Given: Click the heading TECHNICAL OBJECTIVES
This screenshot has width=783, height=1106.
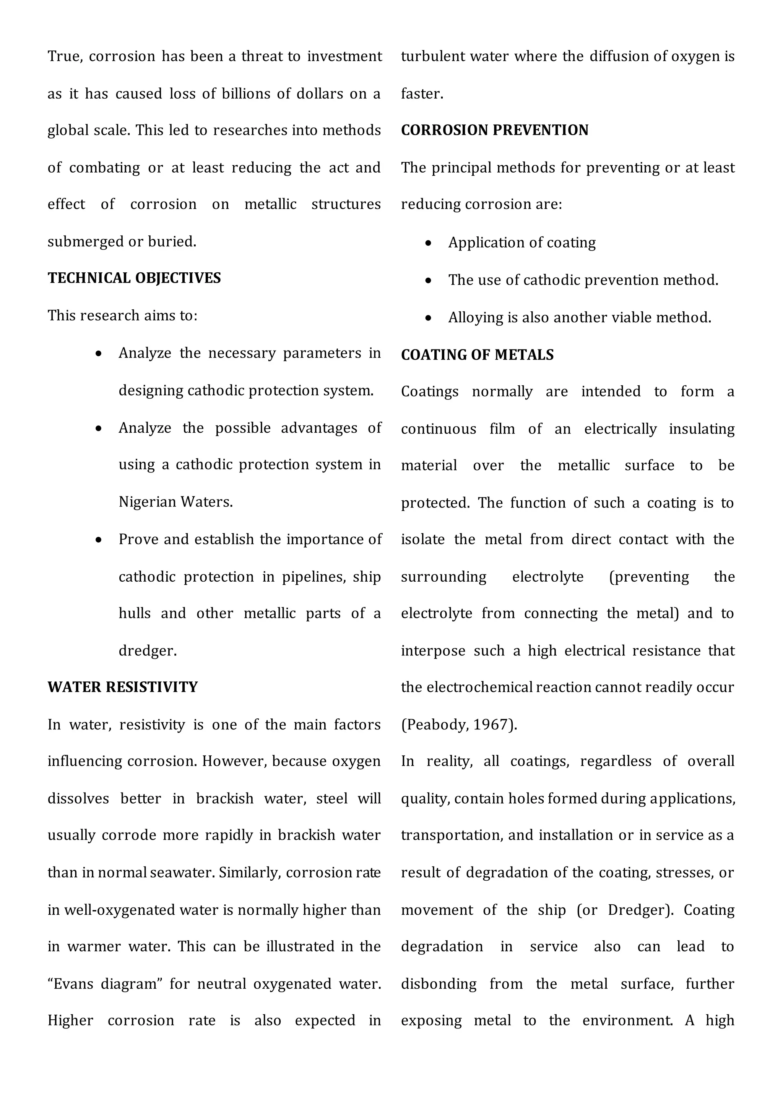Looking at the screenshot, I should [134, 278].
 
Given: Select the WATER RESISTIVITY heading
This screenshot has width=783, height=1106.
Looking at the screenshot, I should [122, 687].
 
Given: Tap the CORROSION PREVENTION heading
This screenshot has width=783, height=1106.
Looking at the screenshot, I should [494, 130].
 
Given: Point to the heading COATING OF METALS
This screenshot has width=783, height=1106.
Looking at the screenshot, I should [477, 355].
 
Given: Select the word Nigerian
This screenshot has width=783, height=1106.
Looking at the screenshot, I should [148, 502].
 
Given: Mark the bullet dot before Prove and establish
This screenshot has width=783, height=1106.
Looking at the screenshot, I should [99, 540].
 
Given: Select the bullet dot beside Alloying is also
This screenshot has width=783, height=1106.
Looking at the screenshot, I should [428, 318].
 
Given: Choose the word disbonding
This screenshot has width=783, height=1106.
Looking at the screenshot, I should [438, 984].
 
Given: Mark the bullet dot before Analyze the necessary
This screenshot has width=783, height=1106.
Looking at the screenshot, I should [99, 354].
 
